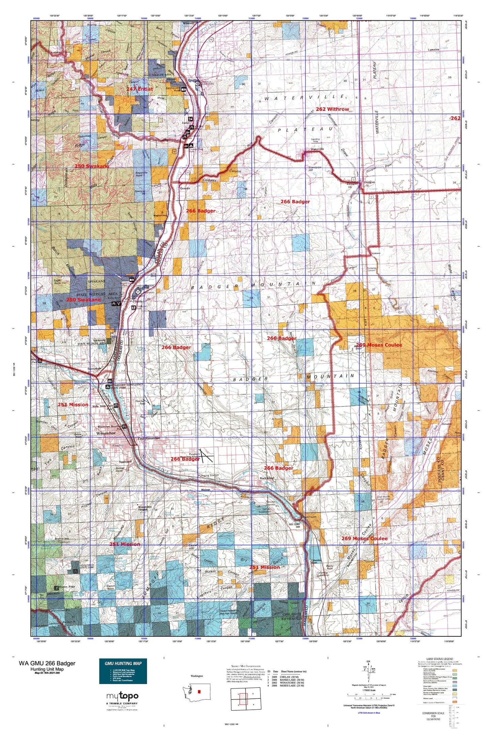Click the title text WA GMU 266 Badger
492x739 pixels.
point(47,663)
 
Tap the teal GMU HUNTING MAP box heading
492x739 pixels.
point(123,663)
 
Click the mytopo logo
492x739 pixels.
point(122,696)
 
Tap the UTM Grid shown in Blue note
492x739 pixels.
point(369,713)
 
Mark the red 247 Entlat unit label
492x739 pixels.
point(139,89)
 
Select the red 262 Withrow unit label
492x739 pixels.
point(332,109)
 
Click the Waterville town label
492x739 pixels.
point(317,149)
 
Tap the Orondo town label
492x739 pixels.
point(185,188)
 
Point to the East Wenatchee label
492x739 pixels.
point(149,438)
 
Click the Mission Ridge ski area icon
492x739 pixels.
point(57,588)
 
